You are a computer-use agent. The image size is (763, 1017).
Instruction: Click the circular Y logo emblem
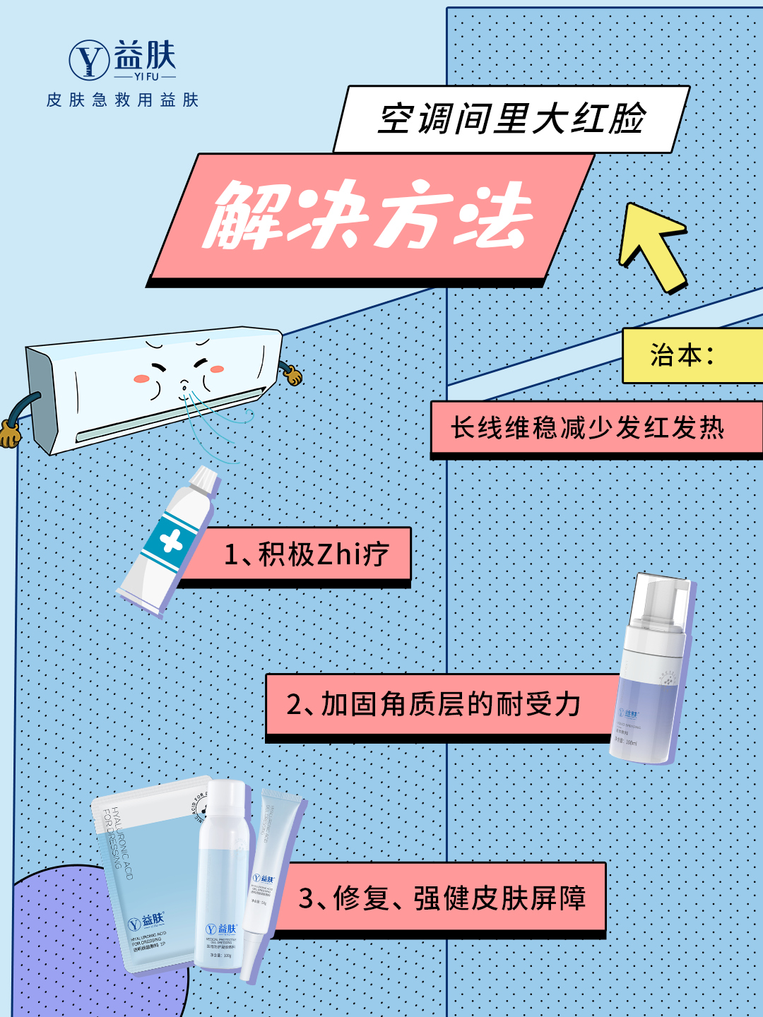pos(89,60)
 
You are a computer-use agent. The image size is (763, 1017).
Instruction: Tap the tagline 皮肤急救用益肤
pos(122,100)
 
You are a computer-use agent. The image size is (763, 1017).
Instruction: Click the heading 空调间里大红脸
pos(511,119)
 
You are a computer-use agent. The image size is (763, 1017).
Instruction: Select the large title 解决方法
pos(367,215)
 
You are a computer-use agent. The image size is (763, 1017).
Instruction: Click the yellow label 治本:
pos(682,355)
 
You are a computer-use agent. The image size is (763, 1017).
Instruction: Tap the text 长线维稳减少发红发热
pos(588,428)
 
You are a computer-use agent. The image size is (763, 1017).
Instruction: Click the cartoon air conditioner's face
pos(179,371)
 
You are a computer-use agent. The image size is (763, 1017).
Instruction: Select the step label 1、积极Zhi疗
pos(306,554)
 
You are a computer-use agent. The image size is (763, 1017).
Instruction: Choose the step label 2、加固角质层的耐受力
pos(434,704)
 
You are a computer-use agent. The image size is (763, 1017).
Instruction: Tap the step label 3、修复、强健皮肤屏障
pos(442,898)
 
